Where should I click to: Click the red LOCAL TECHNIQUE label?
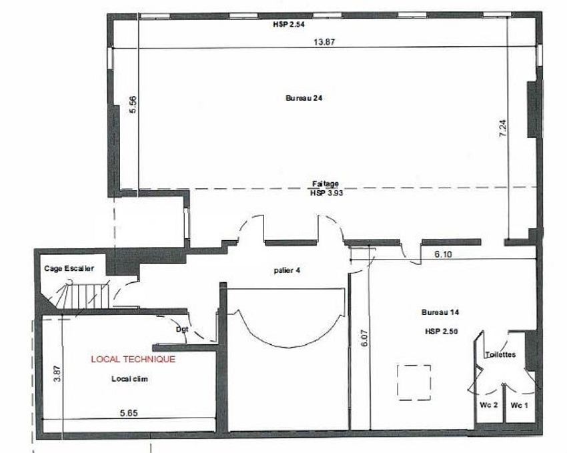coord(133,359)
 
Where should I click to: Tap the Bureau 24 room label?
coord(305,97)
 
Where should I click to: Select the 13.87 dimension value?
coord(324,42)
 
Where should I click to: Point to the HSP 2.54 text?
coord(288,25)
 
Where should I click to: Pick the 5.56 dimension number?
coord(133,105)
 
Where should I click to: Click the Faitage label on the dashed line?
coord(326,183)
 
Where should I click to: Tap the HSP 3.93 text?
coord(326,191)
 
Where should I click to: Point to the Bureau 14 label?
coord(440,312)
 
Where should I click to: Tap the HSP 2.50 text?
coord(440,332)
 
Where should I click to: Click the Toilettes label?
coord(500,355)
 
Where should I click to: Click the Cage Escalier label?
coord(69,268)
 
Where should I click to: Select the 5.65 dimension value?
coord(128,413)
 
